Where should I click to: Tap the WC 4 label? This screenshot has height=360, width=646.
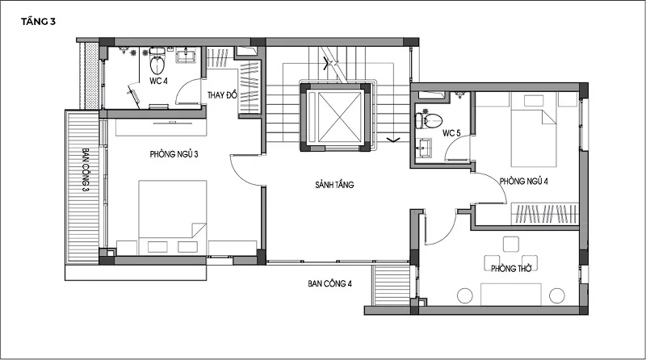(x=157, y=81)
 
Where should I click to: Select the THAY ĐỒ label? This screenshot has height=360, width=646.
(x=222, y=95)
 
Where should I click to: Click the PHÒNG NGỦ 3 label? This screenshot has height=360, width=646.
(x=174, y=153)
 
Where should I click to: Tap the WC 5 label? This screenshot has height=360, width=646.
(x=451, y=132)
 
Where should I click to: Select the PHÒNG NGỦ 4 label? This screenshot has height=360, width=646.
(x=524, y=181)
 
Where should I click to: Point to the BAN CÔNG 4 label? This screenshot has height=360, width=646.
(x=329, y=283)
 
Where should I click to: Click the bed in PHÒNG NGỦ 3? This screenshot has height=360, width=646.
(x=173, y=211)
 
